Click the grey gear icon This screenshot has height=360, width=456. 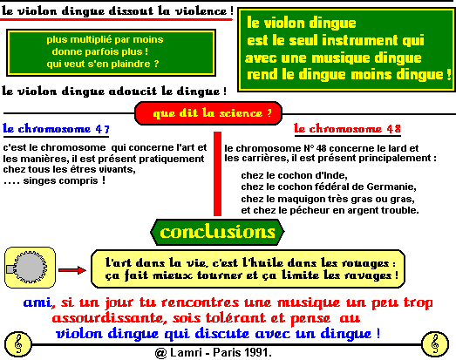[30, 268]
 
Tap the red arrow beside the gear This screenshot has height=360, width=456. [72, 270]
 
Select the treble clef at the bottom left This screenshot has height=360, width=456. [18, 344]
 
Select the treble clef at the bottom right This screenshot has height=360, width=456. [435, 344]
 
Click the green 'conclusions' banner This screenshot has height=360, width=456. [217, 232]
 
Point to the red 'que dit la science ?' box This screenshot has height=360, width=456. [208, 113]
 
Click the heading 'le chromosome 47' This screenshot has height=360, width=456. [56, 129]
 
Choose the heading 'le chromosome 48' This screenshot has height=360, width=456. [347, 128]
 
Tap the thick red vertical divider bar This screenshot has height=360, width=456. [217, 173]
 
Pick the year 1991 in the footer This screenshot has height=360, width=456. [257, 352]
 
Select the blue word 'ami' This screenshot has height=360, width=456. [37, 302]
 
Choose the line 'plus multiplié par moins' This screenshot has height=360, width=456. [105, 39]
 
